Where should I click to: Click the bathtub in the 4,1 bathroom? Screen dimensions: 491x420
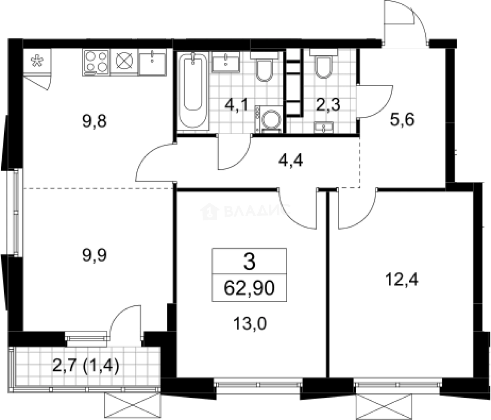(193, 91)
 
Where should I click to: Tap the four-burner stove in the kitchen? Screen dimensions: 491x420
(96, 62)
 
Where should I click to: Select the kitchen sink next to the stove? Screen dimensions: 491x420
(152, 63)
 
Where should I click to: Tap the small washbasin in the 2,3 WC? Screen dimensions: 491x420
(323, 128)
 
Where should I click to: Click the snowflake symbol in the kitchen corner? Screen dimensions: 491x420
(37, 61)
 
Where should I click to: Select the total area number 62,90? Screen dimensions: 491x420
(249, 288)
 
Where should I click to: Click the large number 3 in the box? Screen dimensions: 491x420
(249, 262)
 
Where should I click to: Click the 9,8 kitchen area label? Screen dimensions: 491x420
(94, 121)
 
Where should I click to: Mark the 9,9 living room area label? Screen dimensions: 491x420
(94, 255)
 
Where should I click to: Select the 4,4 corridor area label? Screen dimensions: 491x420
(291, 160)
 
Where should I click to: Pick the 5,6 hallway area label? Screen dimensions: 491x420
(402, 119)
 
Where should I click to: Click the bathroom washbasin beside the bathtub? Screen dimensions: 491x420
(226, 62)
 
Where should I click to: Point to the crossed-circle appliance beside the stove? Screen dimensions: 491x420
(124, 62)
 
